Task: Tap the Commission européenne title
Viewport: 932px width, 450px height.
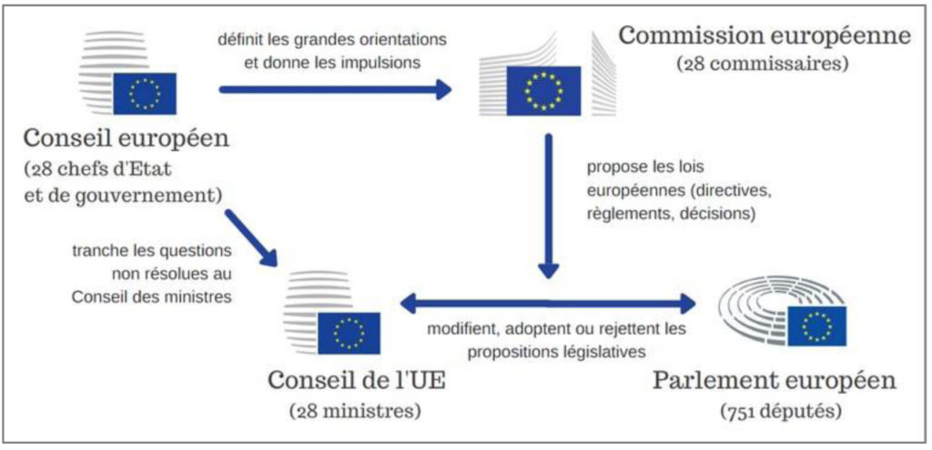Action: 764,37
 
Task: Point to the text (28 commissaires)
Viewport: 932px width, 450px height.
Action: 764,65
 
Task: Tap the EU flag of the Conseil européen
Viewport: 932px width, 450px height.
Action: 144,93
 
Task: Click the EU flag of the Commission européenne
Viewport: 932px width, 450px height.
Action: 542,91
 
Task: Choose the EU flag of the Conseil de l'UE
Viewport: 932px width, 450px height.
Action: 349,333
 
